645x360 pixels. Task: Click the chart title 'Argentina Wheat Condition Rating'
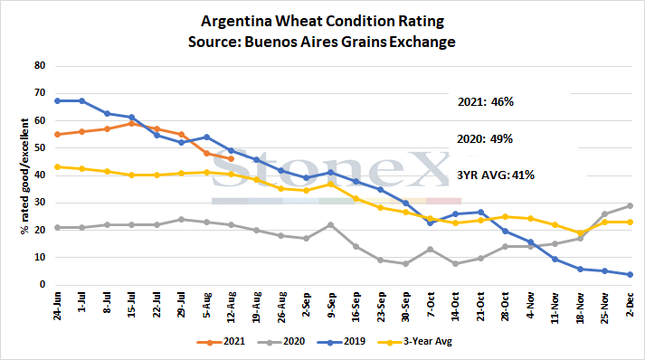pos(322,21)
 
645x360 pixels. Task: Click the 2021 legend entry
pos(221,342)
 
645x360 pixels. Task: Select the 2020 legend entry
pos(281,342)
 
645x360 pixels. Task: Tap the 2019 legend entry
pos(341,342)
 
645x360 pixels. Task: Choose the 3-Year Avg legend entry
pos(414,342)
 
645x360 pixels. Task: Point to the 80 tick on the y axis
pos(40,65)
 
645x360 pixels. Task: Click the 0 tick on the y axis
pos(43,285)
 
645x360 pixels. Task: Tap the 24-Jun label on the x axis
pos(57,306)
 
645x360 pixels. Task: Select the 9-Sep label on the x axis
pos(331,306)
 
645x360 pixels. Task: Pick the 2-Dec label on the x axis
pos(630,305)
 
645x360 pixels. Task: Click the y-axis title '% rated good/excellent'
pos(24,176)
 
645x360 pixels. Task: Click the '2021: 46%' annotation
pos(486,102)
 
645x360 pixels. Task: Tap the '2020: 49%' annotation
pos(485,139)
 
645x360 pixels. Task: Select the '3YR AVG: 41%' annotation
pos(496,175)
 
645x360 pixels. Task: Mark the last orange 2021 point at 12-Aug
pos(232,159)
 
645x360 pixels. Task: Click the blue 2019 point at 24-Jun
pos(57,100)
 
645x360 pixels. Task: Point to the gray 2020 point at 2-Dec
pos(630,205)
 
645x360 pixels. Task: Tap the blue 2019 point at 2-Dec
pos(630,274)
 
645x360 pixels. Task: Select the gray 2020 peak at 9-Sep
pos(331,225)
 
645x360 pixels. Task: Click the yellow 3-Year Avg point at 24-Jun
pos(57,167)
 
